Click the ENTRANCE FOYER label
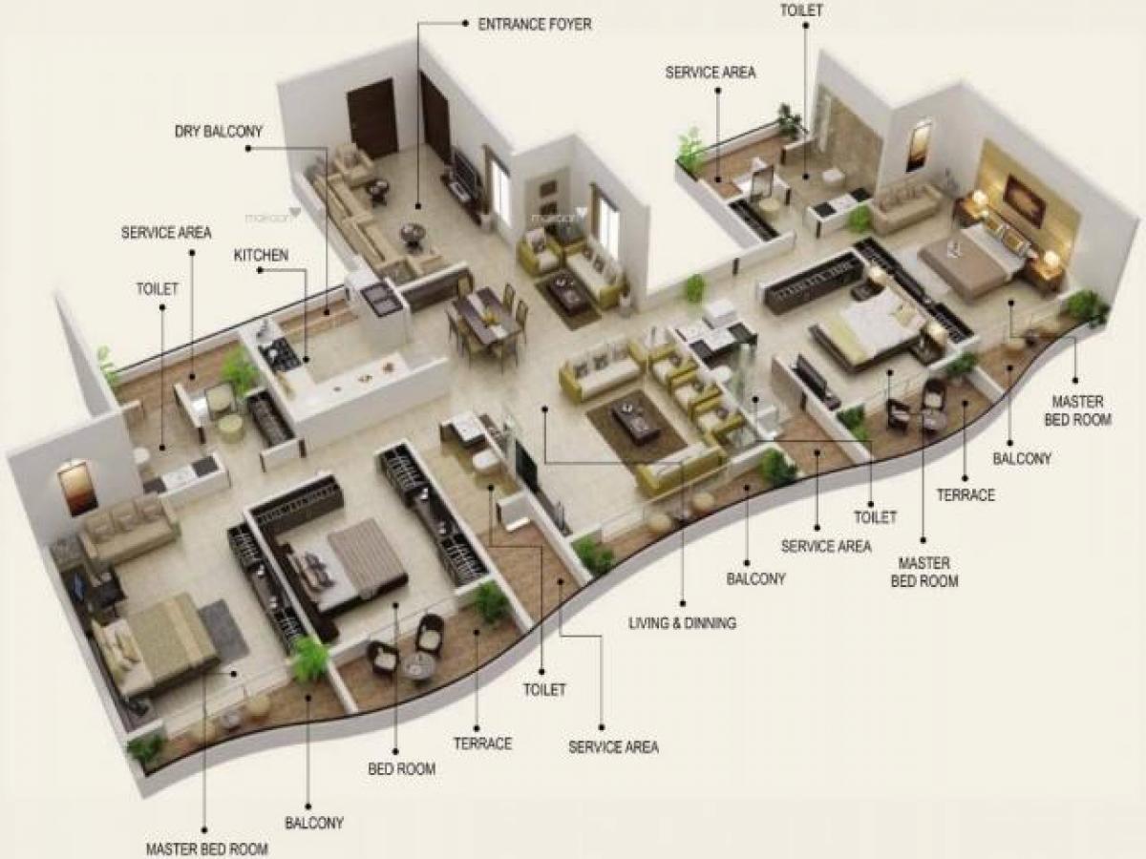[x=535, y=24]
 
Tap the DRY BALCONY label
[x=219, y=132]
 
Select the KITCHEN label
[x=261, y=255]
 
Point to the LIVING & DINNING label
[x=683, y=622]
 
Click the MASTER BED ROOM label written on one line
[x=206, y=849]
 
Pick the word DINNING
[x=710, y=622]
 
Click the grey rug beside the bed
[x=223, y=631]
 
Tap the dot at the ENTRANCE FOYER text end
[x=464, y=23]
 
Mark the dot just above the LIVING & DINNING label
[x=683, y=603]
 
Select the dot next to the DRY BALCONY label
[x=248, y=149]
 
